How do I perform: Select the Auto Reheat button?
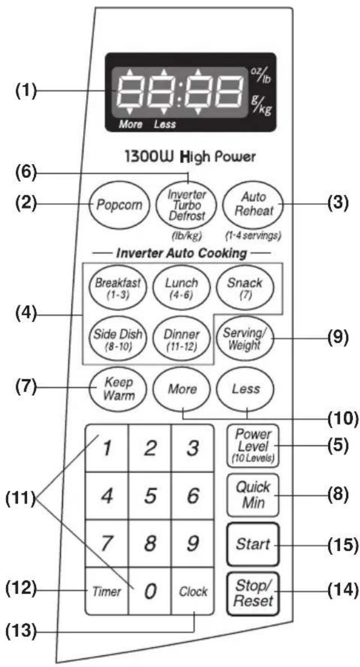[250, 205]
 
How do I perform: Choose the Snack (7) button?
[244, 288]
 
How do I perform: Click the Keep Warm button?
[118, 388]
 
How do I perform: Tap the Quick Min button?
[253, 495]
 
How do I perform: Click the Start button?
[253, 544]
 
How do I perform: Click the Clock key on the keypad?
[192, 591]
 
